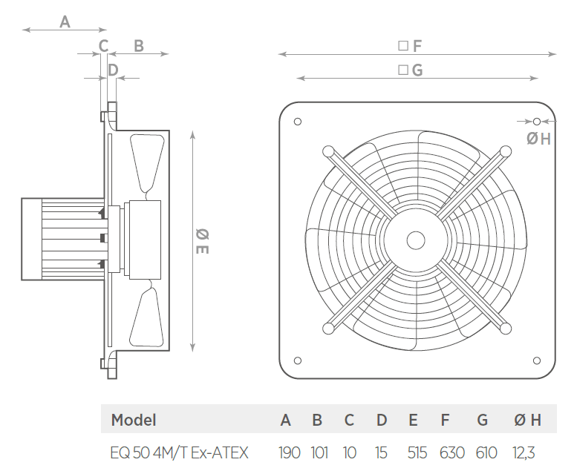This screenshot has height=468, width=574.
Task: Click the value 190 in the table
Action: [289, 452]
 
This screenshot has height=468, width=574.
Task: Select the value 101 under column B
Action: [319, 452]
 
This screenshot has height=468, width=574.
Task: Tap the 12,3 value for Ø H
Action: [524, 453]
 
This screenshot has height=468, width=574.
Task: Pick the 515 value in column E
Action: [417, 452]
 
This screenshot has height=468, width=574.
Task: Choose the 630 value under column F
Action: [452, 452]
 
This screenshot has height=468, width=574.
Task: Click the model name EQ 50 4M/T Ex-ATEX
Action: [179, 452]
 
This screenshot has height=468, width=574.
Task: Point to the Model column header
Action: [134, 420]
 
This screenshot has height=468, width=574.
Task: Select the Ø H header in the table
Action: [527, 420]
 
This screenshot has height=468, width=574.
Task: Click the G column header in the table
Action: [482, 420]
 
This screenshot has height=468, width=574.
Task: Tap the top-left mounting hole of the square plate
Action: [298, 122]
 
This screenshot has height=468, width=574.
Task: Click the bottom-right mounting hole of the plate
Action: [537, 360]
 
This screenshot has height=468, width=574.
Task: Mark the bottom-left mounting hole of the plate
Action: [298, 360]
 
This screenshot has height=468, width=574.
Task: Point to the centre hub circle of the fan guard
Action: [416, 240]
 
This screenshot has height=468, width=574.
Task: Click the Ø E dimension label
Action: [202, 241]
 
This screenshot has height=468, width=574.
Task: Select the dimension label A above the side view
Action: [65, 22]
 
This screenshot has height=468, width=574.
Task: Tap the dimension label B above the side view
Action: [139, 46]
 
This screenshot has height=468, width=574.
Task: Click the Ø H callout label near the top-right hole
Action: [538, 139]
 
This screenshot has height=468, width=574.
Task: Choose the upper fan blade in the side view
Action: [147, 164]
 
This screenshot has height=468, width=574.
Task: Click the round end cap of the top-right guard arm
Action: [506, 151]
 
